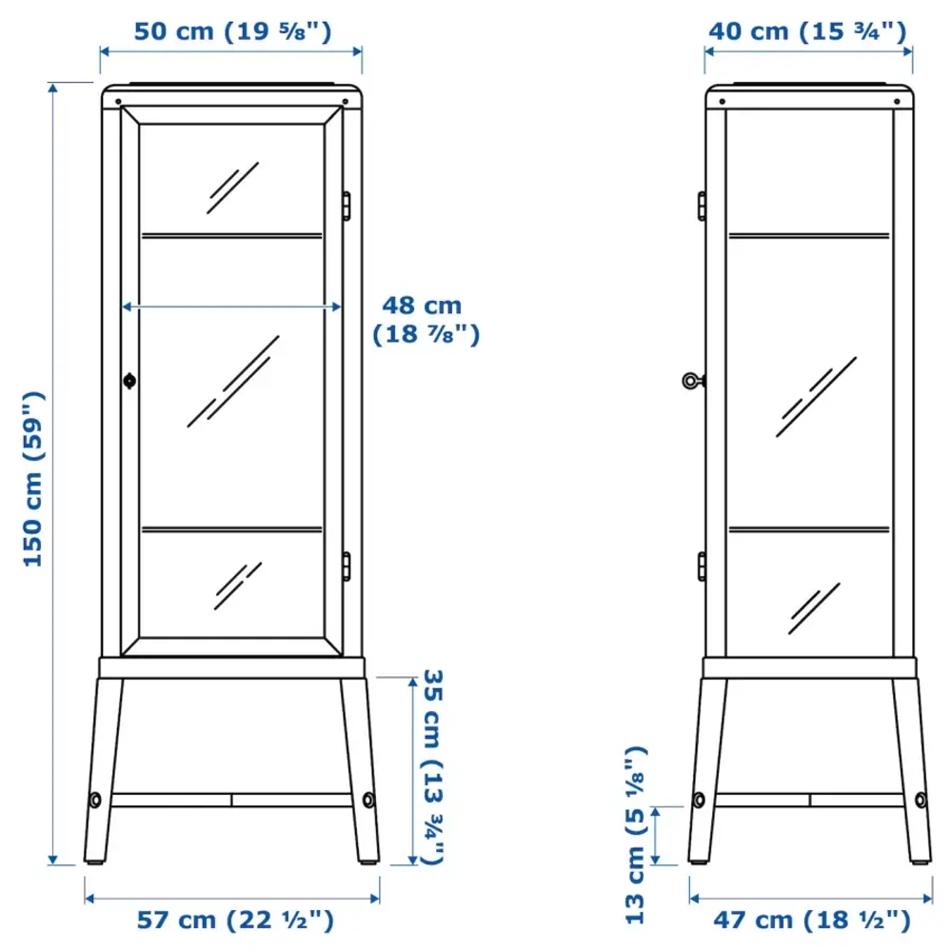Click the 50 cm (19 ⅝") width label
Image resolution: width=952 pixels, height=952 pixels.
coord(231,31)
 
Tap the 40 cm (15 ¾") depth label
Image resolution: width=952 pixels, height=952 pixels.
coord(806,31)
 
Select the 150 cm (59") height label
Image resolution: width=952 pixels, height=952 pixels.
coord(34,479)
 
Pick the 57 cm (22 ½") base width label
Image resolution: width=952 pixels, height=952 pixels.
coord(234,921)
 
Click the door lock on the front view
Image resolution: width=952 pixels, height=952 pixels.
coord(129,381)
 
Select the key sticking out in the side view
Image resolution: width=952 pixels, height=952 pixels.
coord(692,381)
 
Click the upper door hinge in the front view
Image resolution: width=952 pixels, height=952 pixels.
coord(347,206)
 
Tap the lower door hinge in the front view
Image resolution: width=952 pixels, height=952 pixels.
coord(347,565)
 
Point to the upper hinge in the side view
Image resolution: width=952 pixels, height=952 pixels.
coord(702,206)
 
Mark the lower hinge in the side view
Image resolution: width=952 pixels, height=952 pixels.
coord(702,565)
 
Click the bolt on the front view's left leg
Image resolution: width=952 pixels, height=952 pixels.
coord(95,798)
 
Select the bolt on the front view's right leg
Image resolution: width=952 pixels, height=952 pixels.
coord(367,798)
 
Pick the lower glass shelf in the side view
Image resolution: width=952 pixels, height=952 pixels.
coord(809,527)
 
